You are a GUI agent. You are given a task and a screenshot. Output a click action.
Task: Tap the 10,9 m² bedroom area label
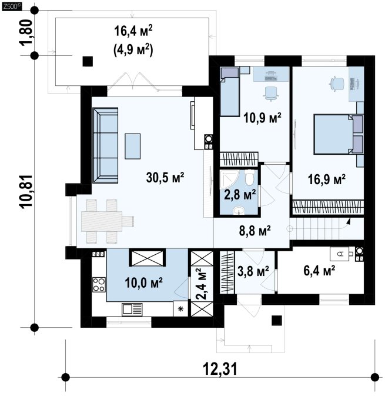tap(262, 117)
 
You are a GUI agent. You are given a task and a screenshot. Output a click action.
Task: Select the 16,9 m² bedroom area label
tap(327, 179)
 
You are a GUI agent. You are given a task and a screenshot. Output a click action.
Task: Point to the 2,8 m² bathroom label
tap(240, 194)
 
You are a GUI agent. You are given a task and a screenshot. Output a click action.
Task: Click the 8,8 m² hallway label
tap(255, 230)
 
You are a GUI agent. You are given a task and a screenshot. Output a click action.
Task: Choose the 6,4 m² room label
tap(319, 271)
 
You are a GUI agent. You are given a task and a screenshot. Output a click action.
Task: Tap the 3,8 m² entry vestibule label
tap(253, 271)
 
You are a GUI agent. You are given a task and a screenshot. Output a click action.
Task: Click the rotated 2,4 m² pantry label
tap(201, 284)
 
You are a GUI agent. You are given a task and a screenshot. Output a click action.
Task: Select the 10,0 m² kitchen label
tap(144, 282)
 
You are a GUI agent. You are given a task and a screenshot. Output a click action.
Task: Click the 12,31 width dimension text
tap(220, 370)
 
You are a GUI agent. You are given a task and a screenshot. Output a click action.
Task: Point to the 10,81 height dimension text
tap(26, 191)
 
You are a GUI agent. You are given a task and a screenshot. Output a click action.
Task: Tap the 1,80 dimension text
tap(26, 32)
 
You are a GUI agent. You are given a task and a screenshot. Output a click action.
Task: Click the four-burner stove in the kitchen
tap(99, 285)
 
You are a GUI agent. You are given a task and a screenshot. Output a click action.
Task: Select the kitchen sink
tap(132, 310)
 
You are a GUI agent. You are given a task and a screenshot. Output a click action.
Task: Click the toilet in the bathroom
tap(250, 177)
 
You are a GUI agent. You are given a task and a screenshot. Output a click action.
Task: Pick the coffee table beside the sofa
tap(133, 147)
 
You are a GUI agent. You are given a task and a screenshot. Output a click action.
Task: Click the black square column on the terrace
tap(88, 62)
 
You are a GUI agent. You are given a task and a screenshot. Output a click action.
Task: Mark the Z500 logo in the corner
tap(11, 7)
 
